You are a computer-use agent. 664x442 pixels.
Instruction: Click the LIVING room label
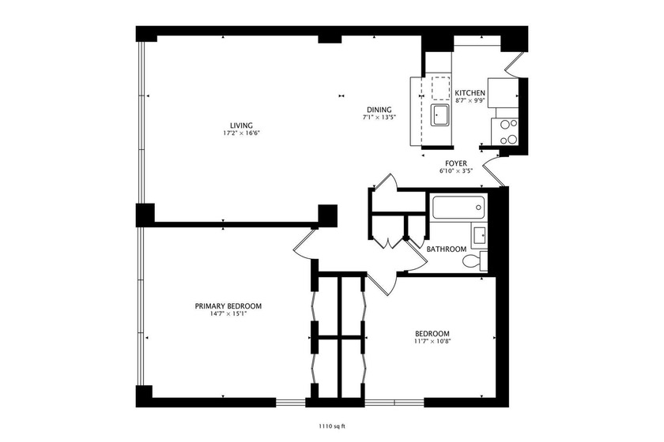tap(241, 125)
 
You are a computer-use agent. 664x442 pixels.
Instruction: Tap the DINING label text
tap(378, 109)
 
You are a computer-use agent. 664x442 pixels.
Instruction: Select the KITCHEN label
tap(470, 92)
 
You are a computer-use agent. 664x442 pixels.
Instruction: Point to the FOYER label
tap(455, 163)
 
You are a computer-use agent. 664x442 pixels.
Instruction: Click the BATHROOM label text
tap(447, 249)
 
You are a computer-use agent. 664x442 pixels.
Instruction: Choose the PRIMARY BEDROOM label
tap(228, 305)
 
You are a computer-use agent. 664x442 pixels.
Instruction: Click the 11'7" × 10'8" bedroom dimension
tap(432, 342)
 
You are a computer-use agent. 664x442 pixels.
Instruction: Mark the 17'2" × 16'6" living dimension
tap(241, 133)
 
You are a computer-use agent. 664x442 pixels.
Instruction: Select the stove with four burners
tap(505, 131)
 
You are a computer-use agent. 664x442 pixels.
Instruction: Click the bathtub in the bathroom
tap(458, 209)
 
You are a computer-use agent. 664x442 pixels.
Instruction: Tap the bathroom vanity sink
tap(479, 234)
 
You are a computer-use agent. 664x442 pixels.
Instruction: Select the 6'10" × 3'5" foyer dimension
tap(455, 170)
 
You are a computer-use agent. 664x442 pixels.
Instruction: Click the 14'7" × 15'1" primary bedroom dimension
tap(228, 314)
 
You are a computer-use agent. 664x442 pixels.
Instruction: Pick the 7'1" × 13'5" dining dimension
tap(378, 118)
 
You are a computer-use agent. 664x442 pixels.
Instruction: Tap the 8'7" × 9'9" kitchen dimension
tap(470, 101)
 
